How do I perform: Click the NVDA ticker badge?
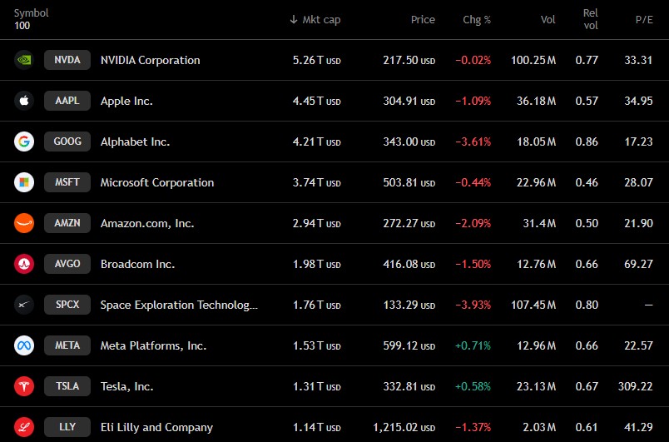click(x=67, y=60)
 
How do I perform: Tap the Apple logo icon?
click(x=24, y=101)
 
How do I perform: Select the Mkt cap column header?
click(x=315, y=20)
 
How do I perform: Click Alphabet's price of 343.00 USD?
click(x=409, y=142)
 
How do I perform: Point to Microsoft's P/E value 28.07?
click(x=638, y=182)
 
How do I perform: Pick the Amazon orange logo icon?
click(x=24, y=223)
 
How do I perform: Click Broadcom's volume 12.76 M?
click(x=537, y=264)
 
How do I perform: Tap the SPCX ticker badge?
click(x=67, y=305)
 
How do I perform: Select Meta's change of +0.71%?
click(x=473, y=345)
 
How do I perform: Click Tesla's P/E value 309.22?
click(x=635, y=386)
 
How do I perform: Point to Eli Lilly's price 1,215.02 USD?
click(x=404, y=427)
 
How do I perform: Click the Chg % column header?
click(x=477, y=20)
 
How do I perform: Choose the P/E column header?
click(x=644, y=20)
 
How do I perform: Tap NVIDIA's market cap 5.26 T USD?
click(x=316, y=60)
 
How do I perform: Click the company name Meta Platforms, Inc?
click(x=153, y=345)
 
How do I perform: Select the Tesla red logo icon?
click(x=24, y=386)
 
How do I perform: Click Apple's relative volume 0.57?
click(x=587, y=101)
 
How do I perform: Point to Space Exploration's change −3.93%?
click(x=473, y=305)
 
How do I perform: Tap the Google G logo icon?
click(x=24, y=142)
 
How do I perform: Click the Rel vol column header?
click(x=591, y=19)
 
